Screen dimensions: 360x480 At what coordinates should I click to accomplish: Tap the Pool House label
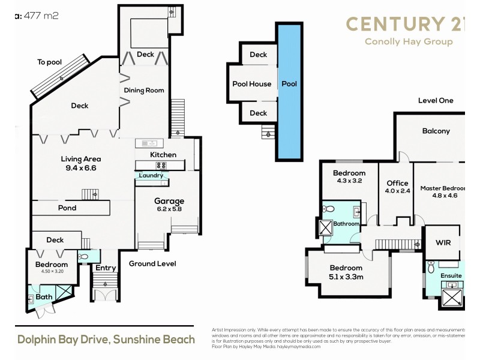tap(252, 84)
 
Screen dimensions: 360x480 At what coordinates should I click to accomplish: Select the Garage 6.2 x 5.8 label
tap(169, 205)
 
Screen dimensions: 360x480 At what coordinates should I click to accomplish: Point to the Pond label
tap(67, 208)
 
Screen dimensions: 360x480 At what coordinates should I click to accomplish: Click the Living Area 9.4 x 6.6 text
tap(80, 163)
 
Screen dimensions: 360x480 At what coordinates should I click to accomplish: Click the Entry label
tap(106, 268)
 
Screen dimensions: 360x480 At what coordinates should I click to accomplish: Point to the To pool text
tap(50, 62)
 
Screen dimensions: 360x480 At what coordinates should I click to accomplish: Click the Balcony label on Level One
tap(436, 131)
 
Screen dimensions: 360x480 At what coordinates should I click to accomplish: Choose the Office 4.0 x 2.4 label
tap(397, 187)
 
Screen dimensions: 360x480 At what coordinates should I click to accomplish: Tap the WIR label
tap(443, 242)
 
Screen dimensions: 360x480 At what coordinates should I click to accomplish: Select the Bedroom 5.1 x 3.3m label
tap(346, 272)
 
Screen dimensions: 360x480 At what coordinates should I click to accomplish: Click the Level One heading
tap(436, 101)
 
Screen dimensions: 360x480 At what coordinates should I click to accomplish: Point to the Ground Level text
tap(152, 263)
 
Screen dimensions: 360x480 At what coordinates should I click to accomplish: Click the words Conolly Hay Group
tap(409, 42)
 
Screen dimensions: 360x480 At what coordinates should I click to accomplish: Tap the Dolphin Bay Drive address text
tap(106, 340)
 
